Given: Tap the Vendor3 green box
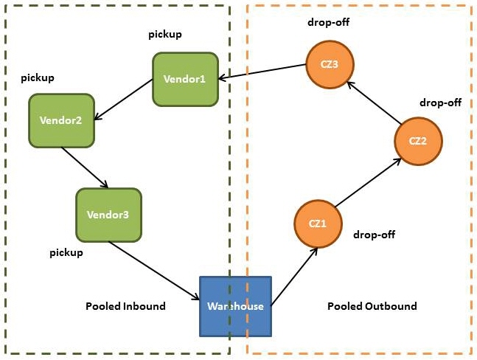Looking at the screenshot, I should click(108, 215).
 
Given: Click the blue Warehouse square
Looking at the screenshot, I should click(236, 305).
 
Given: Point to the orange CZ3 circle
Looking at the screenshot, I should click(329, 64).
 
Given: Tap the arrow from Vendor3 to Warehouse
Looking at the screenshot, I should click(155, 270).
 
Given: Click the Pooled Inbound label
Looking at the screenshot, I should click(125, 306).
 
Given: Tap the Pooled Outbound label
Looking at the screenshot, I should click(372, 306).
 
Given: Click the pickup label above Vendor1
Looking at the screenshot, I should click(165, 35).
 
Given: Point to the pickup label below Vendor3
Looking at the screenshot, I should click(66, 252).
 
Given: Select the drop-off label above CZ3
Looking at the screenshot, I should click(328, 21).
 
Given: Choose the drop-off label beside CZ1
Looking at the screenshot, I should click(375, 235).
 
